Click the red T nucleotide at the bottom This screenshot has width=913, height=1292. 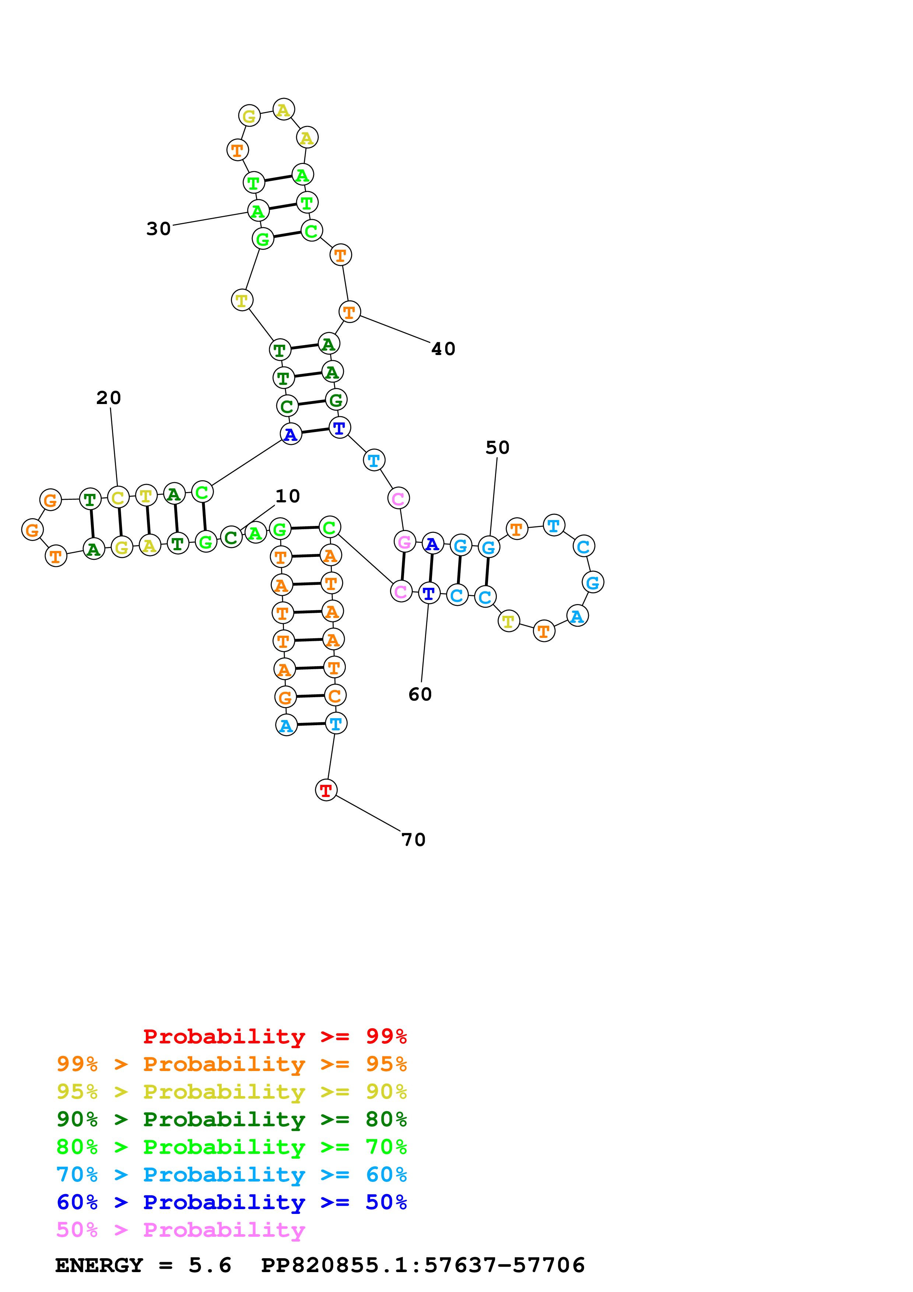click(326, 790)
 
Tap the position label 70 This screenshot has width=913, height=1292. click(414, 840)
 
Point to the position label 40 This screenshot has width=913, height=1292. click(443, 349)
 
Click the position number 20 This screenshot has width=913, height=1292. click(109, 398)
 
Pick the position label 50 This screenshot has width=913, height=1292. click(497, 448)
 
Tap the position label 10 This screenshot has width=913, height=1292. click(288, 496)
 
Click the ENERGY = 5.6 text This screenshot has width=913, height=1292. click(143, 1265)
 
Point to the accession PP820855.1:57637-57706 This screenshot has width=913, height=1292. click(423, 1265)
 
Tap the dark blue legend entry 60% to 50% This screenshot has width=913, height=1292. click(231, 1202)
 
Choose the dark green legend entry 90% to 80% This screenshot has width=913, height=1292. click(231, 1119)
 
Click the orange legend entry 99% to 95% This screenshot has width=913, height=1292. click(231, 1064)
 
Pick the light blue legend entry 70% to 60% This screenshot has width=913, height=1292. click(231, 1175)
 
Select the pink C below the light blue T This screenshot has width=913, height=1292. click(398, 498)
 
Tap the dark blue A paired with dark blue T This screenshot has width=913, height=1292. click(290, 434)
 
